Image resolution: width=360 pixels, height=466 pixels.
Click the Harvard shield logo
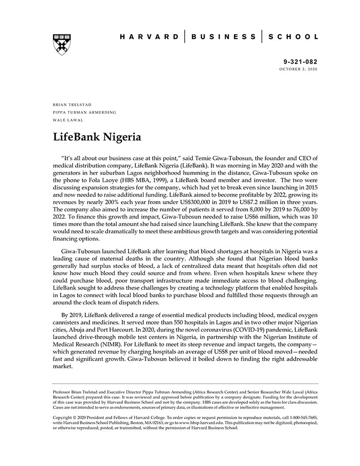(62, 44)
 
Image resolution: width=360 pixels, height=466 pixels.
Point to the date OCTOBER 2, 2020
(299, 68)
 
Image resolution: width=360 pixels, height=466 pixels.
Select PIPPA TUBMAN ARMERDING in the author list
(84, 112)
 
